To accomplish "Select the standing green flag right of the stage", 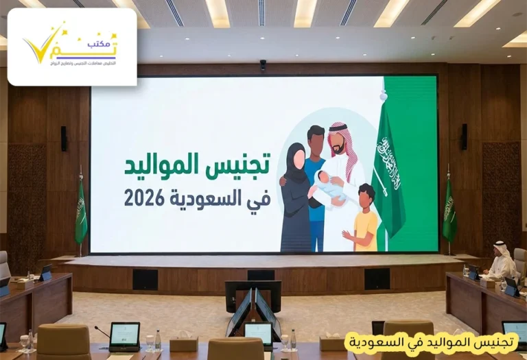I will pyautogui.click(x=449, y=209).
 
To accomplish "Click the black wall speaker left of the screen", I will pyautogui.click(x=64, y=138).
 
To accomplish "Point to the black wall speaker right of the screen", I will pyautogui.click(x=464, y=136).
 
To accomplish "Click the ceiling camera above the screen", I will pyautogui.click(x=263, y=65).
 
